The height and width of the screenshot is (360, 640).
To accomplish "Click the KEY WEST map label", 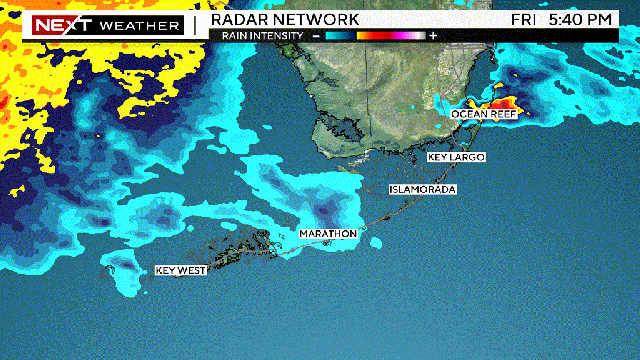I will tap(180, 270).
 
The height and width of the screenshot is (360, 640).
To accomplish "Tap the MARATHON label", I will tap(328, 234).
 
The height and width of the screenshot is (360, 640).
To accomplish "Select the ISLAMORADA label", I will tap(422, 189).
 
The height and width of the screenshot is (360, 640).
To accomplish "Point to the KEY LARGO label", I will tap(455, 158).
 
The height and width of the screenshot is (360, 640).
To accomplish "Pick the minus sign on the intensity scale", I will tap(316, 35).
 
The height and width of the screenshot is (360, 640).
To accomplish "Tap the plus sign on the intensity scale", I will tap(433, 35).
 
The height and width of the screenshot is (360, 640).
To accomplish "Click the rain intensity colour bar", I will tap(375, 35).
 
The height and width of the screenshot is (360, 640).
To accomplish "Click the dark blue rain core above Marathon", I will tap(326, 211).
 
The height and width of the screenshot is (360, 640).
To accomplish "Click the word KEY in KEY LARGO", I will tap(438, 158).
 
